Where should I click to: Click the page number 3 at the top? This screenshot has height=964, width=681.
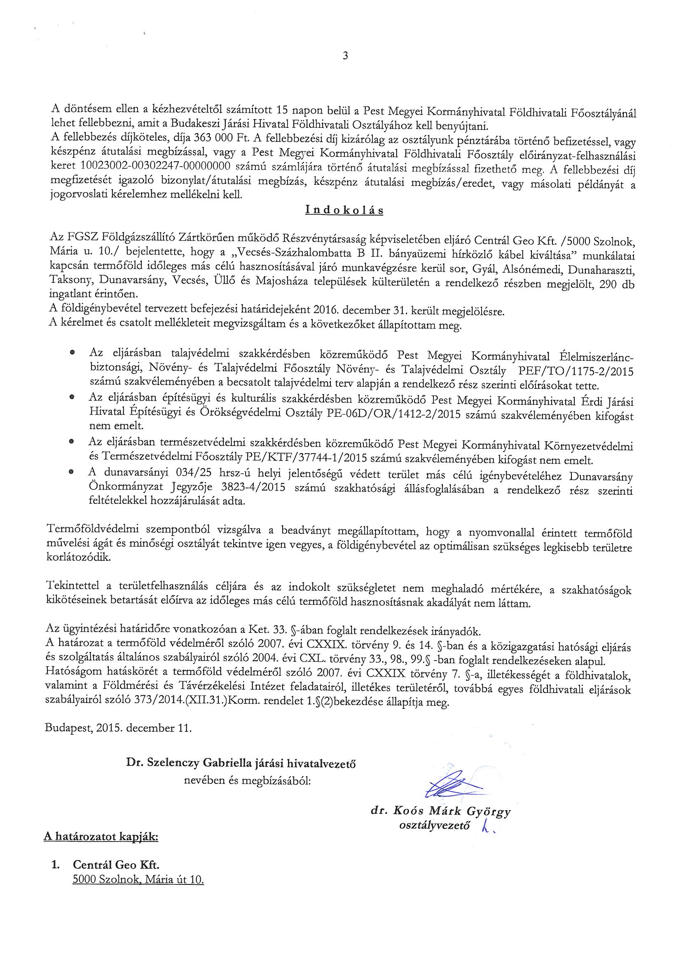click(345, 56)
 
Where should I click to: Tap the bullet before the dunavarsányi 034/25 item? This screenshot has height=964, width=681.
click(72, 472)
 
